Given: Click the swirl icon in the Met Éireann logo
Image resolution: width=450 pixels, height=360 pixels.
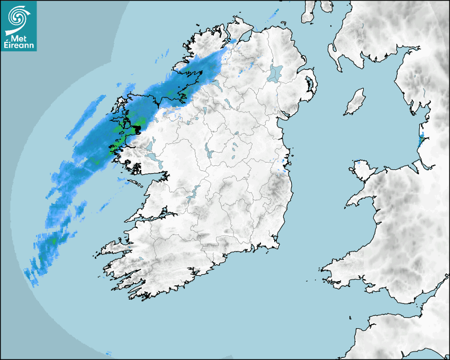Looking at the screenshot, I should [x=18, y=15].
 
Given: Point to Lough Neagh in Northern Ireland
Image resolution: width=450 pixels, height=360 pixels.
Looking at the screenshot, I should [x=275, y=73].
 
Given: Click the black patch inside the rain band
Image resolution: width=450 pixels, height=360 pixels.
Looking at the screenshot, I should [x=137, y=129].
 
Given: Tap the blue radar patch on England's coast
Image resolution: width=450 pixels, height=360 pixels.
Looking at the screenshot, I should [x=420, y=141].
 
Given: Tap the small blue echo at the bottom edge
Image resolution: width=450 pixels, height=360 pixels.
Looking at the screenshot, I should [x=109, y=353].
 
